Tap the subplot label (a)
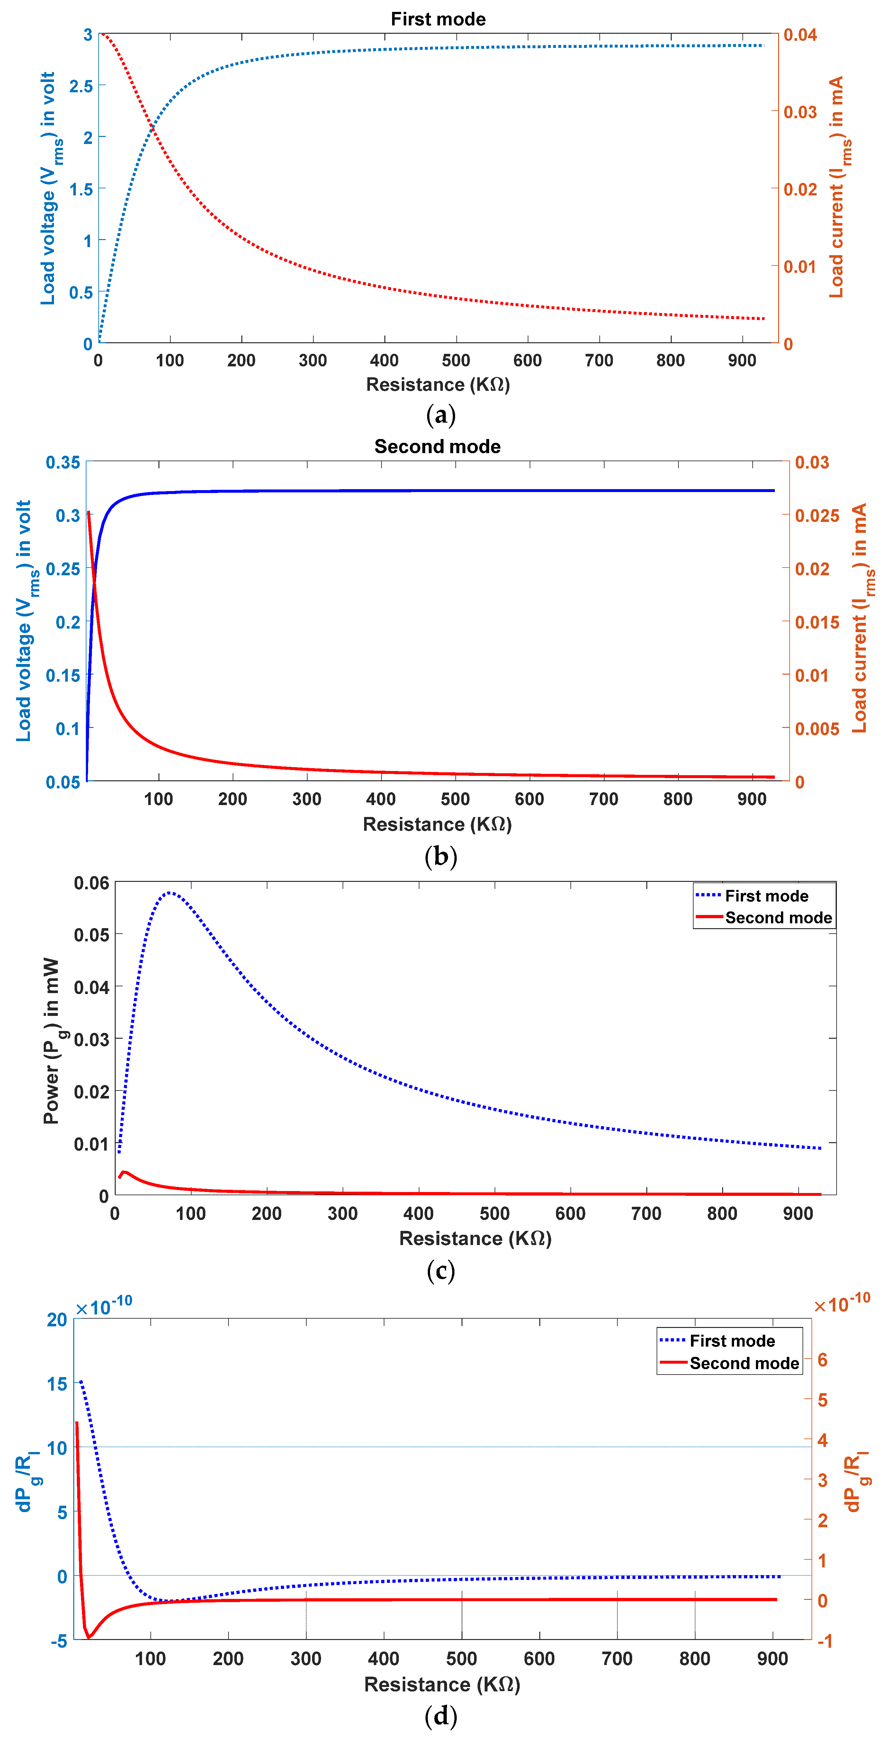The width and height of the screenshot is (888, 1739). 441,415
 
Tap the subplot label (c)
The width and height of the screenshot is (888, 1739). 441,1270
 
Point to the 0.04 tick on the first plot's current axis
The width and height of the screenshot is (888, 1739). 800,34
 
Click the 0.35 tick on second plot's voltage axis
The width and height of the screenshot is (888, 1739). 63,462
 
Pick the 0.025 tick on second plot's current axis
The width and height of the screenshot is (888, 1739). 816,516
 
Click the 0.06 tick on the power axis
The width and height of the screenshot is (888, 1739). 91,883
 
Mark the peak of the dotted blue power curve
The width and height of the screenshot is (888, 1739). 170,892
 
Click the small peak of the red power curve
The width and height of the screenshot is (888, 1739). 124,1172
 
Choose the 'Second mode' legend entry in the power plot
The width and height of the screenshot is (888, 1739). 778,918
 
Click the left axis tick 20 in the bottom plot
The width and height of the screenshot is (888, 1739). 58,1320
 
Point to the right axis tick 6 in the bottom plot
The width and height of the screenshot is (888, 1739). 822,1359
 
